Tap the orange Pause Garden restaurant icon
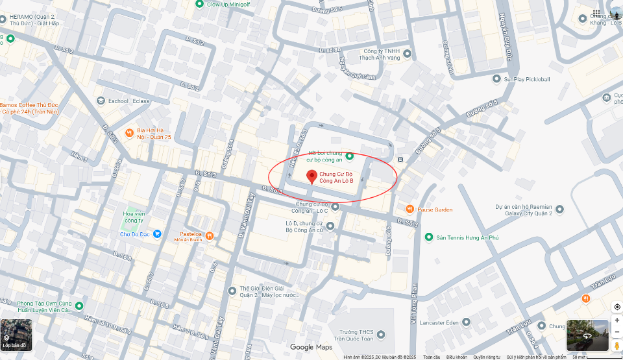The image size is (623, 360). (409, 209)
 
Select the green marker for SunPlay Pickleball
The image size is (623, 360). (497, 79)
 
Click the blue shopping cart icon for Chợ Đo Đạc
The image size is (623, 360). (157, 234)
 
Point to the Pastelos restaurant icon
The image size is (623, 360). (210, 235)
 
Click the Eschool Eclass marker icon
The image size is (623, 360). (101, 101)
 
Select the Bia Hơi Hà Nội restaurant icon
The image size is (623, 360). (129, 132)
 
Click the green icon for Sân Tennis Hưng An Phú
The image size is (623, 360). (428, 237)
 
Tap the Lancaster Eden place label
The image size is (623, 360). (458, 322)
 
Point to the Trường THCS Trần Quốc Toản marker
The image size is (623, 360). (381, 335)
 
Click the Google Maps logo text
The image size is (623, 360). (311, 348)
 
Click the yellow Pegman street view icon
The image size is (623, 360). (617, 346)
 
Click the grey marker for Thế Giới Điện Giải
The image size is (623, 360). (232, 291)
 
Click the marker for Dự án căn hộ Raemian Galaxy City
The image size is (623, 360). (559, 210)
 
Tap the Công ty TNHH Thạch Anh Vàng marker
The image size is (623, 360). (407, 54)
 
